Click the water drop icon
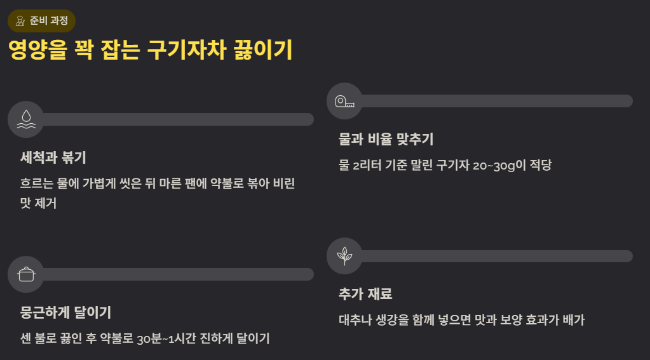click(x=26, y=119)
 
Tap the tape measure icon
click(x=344, y=101)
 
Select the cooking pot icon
click(x=26, y=274)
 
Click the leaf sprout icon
click(x=344, y=256)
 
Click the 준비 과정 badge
click(x=41, y=21)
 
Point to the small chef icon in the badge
click(x=20, y=21)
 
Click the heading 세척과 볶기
click(x=53, y=157)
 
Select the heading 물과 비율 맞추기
click(x=386, y=139)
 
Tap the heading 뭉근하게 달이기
click(x=66, y=312)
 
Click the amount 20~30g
click(x=494, y=166)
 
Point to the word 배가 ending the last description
click(x=574, y=320)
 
